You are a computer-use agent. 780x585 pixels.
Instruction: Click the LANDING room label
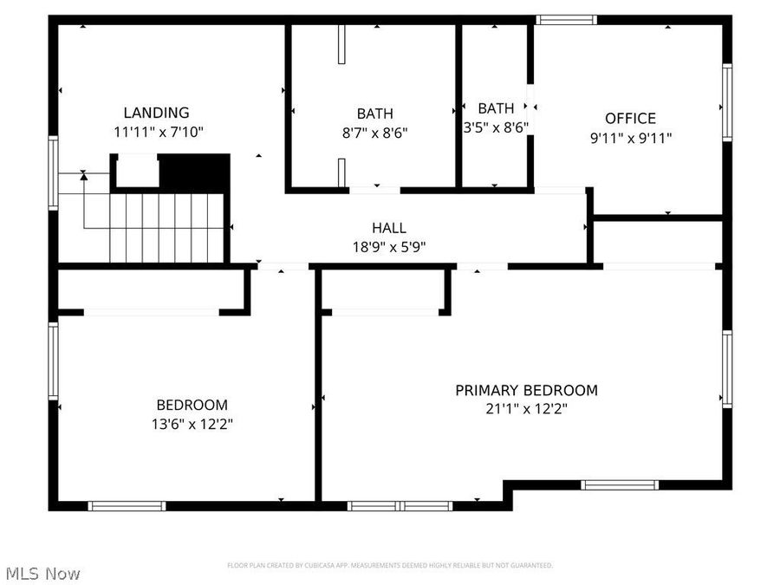tap(156, 113)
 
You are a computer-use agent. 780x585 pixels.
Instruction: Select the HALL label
tap(389, 228)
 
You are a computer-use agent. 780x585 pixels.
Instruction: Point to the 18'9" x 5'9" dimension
tap(389, 246)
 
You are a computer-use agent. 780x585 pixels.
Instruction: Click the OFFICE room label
tap(630, 119)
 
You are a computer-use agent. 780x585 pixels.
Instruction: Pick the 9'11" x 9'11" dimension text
tap(630, 137)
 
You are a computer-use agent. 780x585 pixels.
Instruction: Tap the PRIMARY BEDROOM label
tap(526, 390)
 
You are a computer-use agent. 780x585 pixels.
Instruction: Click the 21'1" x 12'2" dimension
tap(526, 409)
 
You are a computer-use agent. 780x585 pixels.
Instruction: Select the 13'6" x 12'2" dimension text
tap(192, 424)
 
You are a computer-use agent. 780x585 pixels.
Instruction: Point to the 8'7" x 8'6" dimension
tap(374, 133)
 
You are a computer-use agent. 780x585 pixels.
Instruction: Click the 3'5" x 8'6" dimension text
tap(496, 127)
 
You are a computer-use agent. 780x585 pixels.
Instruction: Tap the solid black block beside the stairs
tap(194, 173)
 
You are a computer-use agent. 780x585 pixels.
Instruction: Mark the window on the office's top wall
tap(566, 19)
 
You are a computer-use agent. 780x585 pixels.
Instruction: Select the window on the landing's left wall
tap(54, 172)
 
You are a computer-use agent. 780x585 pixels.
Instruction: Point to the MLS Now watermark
tap(43, 574)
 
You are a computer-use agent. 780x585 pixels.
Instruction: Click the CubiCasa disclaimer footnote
tap(389, 565)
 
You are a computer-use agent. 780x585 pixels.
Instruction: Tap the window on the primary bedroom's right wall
tap(727, 368)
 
